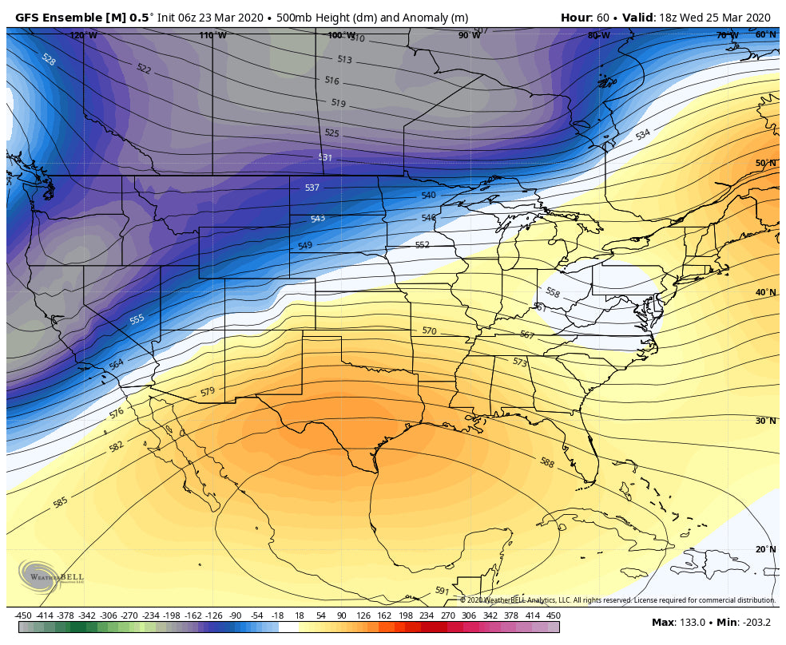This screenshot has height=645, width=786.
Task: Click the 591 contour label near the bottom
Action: pyautogui.click(x=441, y=591)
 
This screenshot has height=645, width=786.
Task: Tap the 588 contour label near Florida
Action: pyautogui.click(x=546, y=462)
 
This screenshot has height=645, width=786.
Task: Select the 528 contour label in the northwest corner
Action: pyautogui.click(x=48, y=59)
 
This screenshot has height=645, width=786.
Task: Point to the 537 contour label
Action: pyautogui.click(x=312, y=188)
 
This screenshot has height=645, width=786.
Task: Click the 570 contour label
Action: pyautogui.click(x=429, y=330)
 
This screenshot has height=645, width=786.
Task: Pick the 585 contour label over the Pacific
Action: pyautogui.click(x=60, y=502)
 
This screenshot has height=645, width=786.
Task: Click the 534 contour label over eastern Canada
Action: pyautogui.click(x=642, y=135)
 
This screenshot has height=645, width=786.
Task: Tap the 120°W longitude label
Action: pyautogui.click(x=83, y=35)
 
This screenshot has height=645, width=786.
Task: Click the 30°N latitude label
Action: pyautogui.click(x=765, y=421)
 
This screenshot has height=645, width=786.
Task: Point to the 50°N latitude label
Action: pyautogui.click(x=765, y=163)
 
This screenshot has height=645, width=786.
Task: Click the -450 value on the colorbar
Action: pyautogui.click(x=22, y=615)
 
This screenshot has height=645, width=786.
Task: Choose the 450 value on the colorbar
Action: pyautogui.click(x=553, y=615)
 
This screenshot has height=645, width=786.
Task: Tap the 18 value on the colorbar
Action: pyautogui.click(x=300, y=615)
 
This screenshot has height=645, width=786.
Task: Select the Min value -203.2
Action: pyautogui.click(x=755, y=622)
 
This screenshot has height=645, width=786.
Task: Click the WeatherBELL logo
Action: pyautogui.click(x=50, y=576)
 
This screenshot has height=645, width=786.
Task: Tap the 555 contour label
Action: pyautogui.click(x=137, y=319)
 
